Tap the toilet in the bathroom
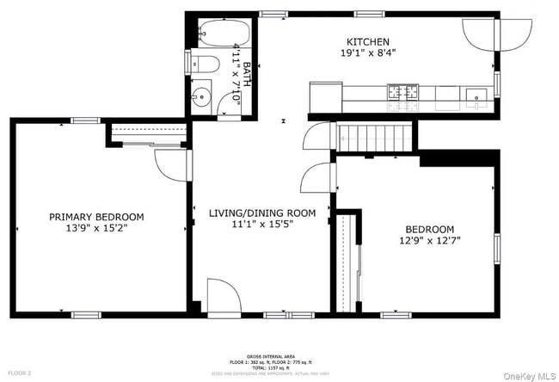tap(203, 63)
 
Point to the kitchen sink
tap(476, 94)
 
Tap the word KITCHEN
tap(368, 42)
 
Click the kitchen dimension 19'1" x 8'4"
tap(368, 53)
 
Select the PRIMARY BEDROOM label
tap(96, 218)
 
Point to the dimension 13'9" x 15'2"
tap(96, 229)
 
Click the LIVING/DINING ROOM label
tap(262, 213)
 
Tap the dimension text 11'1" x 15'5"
tap(262, 224)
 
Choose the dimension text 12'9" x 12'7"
tap(429, 241)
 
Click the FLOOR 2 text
tap(19, 373)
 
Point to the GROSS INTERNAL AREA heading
tap(272, 355)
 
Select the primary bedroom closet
tap(148, 134)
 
